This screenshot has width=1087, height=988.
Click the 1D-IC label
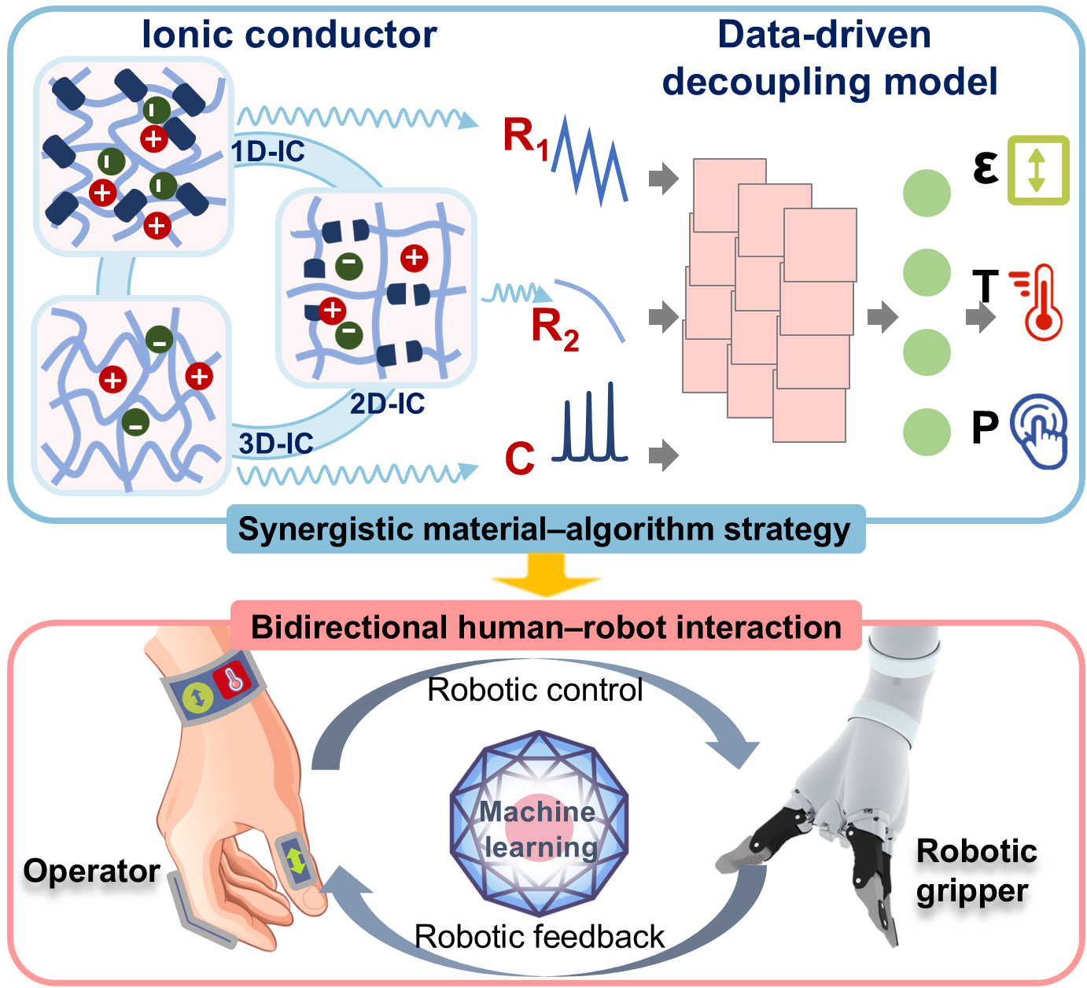tap(268, 151)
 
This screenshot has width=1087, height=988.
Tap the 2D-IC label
tap(387, 404)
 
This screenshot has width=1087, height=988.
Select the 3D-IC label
tap(276, 444)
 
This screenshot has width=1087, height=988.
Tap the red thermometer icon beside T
tap(1043, 303)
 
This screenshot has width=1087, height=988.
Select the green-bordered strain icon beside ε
tap(1038, 171)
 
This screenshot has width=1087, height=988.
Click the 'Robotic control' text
tap(535, 690)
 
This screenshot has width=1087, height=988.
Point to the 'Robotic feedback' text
tap(539, 937)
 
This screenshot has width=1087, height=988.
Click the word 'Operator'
tap(91, 871)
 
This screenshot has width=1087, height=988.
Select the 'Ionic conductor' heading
tap(289, 35)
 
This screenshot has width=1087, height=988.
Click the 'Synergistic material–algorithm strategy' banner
tap(544, 529)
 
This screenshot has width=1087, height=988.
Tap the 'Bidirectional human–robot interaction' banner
tap(546, 627)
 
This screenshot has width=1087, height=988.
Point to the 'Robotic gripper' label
tap(975, 871)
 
